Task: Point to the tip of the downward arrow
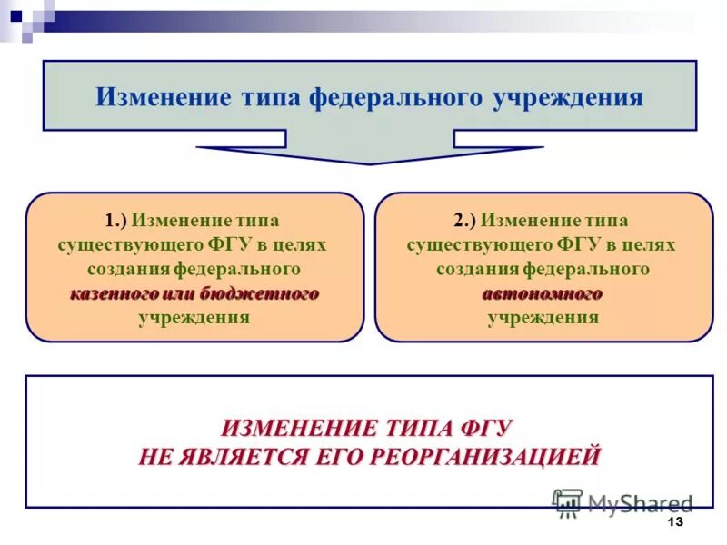coord(370,163)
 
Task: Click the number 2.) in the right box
coord(464,221)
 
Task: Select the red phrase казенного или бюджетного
coord(194,294)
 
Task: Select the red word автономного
coord(543,294)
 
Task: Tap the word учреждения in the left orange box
coord(194,318)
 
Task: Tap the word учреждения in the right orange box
coord(543,318)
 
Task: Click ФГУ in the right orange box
coord(583,245)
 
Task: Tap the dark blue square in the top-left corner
coord(15,15)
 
